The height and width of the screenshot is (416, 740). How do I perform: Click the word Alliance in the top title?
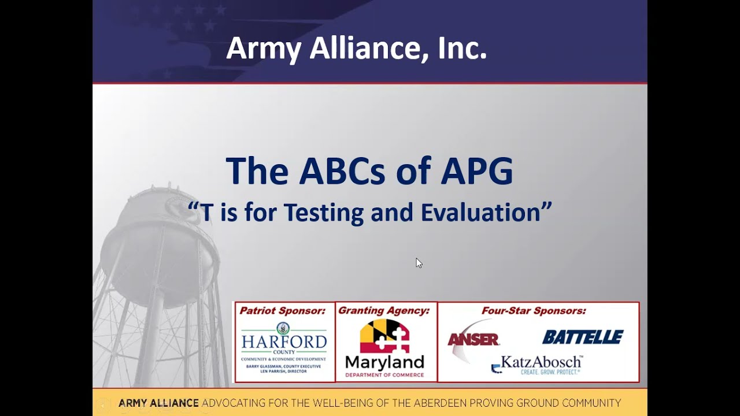click(x=365, y=49)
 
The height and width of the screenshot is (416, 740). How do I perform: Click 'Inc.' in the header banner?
click(x=462, y=49)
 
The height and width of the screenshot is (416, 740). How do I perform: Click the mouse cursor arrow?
click(x=419, y=263)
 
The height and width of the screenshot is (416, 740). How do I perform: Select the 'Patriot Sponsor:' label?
click(x=283, y=311)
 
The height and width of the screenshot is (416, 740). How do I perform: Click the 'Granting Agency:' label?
click(x=384, y=311)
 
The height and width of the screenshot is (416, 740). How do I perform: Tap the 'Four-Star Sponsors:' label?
click(x=534, y=311)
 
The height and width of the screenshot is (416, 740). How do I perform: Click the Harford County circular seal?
click(x=283, y=328)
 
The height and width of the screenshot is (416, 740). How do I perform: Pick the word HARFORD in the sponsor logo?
click(x=284, y=341)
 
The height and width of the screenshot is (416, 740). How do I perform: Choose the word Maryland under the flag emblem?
click(x=384, y=363)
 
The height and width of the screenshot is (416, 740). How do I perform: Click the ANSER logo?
click(x=473, y=340)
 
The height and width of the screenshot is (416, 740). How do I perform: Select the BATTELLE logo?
click(x=583, y=337)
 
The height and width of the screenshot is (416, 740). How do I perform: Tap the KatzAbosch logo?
click(x=538, y=364)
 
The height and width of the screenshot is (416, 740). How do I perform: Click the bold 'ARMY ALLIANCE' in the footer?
click(x=158, y=403)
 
